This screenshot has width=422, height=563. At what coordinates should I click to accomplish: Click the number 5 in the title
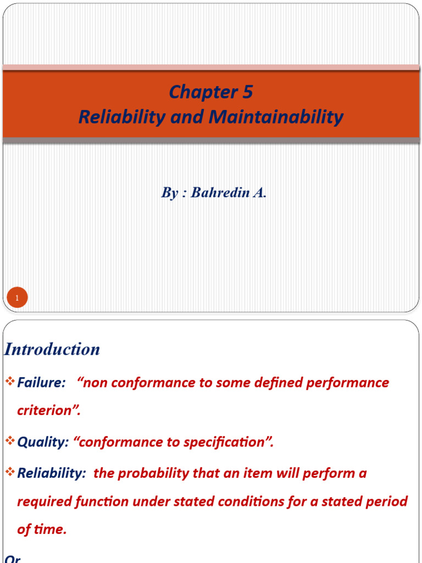247,92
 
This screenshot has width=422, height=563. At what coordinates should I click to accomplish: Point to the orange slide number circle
17,299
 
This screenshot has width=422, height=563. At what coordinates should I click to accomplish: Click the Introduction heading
52,349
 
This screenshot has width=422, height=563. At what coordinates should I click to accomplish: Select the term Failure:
42,383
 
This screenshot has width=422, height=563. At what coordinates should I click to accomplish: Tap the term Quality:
43,443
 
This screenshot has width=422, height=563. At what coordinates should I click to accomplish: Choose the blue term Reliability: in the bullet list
52,473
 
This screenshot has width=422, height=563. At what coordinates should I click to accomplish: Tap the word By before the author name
168,193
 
